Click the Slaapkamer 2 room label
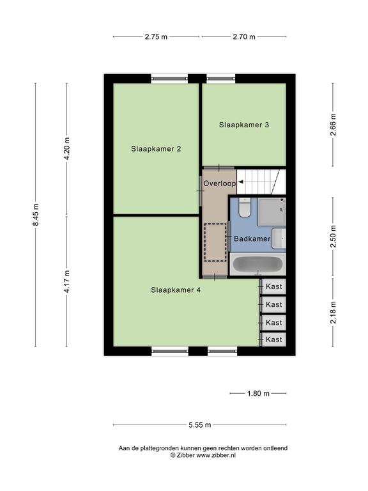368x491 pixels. [x=156, y=149]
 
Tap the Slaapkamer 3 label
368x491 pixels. [x=244, y=125]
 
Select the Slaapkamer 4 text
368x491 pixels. [x=176, y=290]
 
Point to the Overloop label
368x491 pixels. [x=219, y=183]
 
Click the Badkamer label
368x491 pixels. [x=252, y=238]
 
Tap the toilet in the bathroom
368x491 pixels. [x=245, y=207]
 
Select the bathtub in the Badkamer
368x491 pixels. [x=257, y=265]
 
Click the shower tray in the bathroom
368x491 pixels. [x=272, y=212]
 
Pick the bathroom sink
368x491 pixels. [x=279, y=238]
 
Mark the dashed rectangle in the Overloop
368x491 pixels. [x=215, y=242]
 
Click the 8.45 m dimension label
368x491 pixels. [x=36, y=215]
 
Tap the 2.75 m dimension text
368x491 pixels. [x=156, y=36]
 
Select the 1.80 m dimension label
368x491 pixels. [x=258, y=393]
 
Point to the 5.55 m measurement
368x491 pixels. [x=199, y=425]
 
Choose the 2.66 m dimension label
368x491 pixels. [x=333, y=124]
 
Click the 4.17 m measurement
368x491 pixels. [x=67, y=281]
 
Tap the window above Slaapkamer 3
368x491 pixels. [x=220, y=79]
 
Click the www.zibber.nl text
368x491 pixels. [x=216, y=456]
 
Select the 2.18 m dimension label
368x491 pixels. [x=333, y=313]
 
